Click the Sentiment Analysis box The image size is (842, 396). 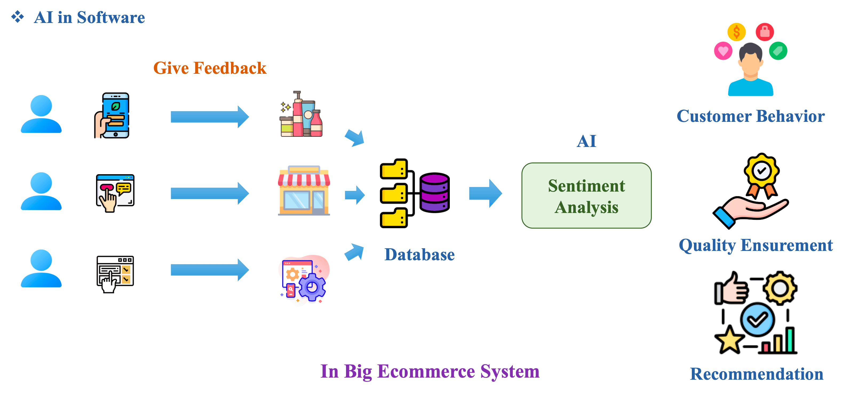[x=586, y=196]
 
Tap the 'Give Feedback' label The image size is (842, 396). [x=210, y=68]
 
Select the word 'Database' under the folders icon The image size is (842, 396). [x=419, y=255]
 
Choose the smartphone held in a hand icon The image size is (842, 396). [x=113, y=115]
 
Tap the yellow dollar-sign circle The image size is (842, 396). [x=736, y=32]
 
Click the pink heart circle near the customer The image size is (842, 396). [x=723, y=51]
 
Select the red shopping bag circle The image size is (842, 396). [x=765, y=32]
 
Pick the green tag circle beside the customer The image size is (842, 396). [x=778, y=51]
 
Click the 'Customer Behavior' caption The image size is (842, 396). [x=750, y=116]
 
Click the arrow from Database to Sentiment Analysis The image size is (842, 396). [x=485, y=193]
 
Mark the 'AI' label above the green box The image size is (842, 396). [x=586, y=141]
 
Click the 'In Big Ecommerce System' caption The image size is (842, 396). [x=430, y=371]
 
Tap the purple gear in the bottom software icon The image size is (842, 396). [x=312, y=287]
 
